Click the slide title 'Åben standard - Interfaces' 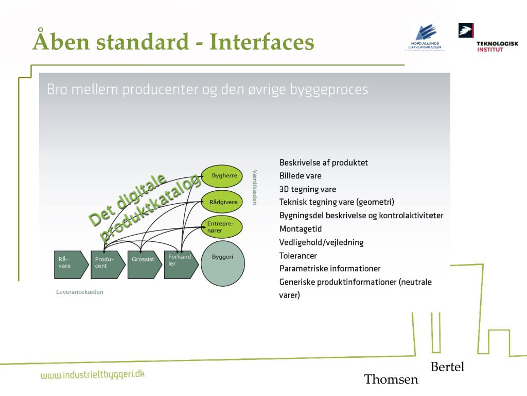pyautogui.click(x=173, y=42)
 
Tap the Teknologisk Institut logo pyautogui.click(x=488, y=38)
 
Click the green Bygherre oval pyautogui.click(x=222, y=176)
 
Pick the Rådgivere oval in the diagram pyautogui.click(x=222, y=202)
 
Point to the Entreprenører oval pyautogui.click(x=221, y=227)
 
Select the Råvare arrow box pyautogui.click(x=70, y=265)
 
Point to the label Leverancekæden pyautogui.click(x=80, y=292)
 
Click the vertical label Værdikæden pyautogui.click(x=254, y=187)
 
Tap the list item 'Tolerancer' pyautogui.click(x=298, y=256)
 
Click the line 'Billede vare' pyautogui.click(x=301, y=176)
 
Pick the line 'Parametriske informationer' pyautogui.click(x=330, y=269)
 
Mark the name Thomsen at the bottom pyautogui.click(x=391, y=380)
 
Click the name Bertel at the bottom pyautogui.click(x=447, y=367)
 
